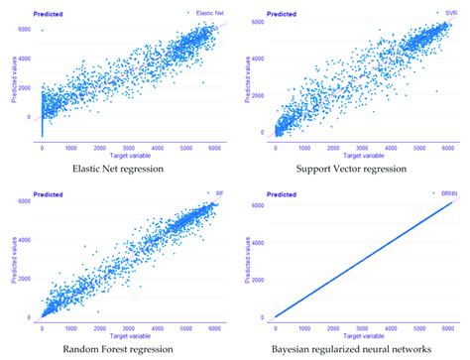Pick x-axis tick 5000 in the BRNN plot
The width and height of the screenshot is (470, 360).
click(x=415, y=328)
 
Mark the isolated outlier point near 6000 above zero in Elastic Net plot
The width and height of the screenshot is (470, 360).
click(x=43, y=30)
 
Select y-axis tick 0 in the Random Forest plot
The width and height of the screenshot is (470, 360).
click(x=33, y=317)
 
